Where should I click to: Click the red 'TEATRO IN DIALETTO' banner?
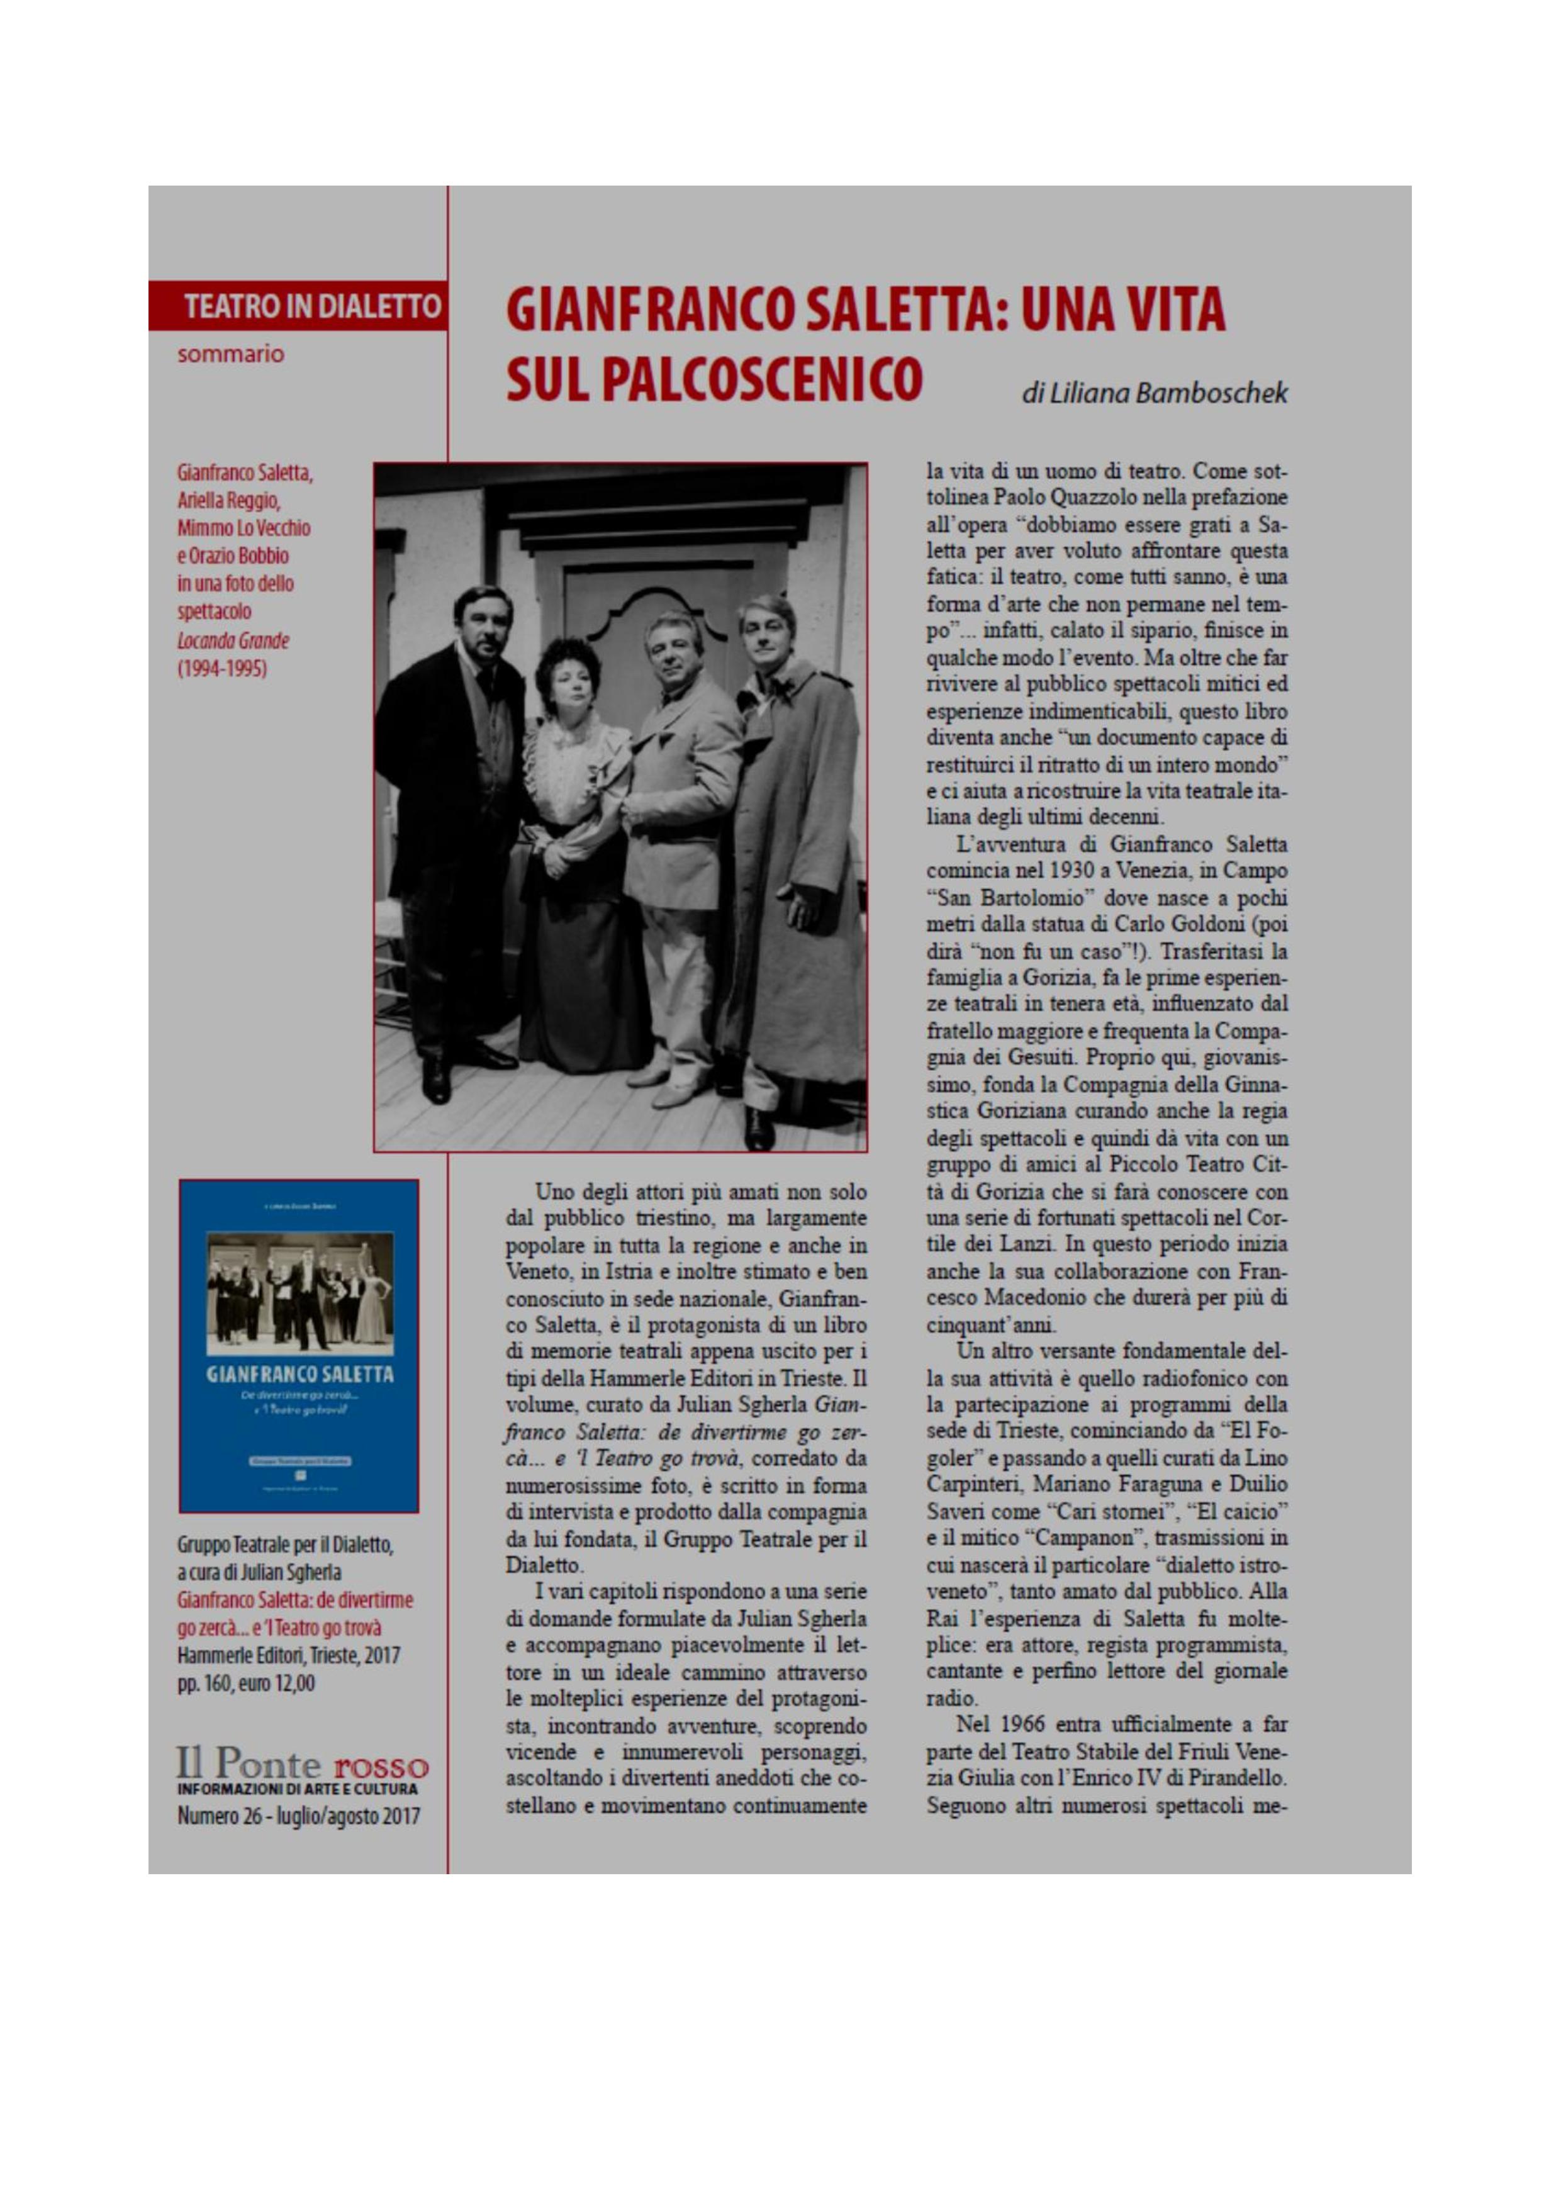click(x=299, y=306)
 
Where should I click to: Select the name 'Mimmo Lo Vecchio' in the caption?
click(x=243, y=528)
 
